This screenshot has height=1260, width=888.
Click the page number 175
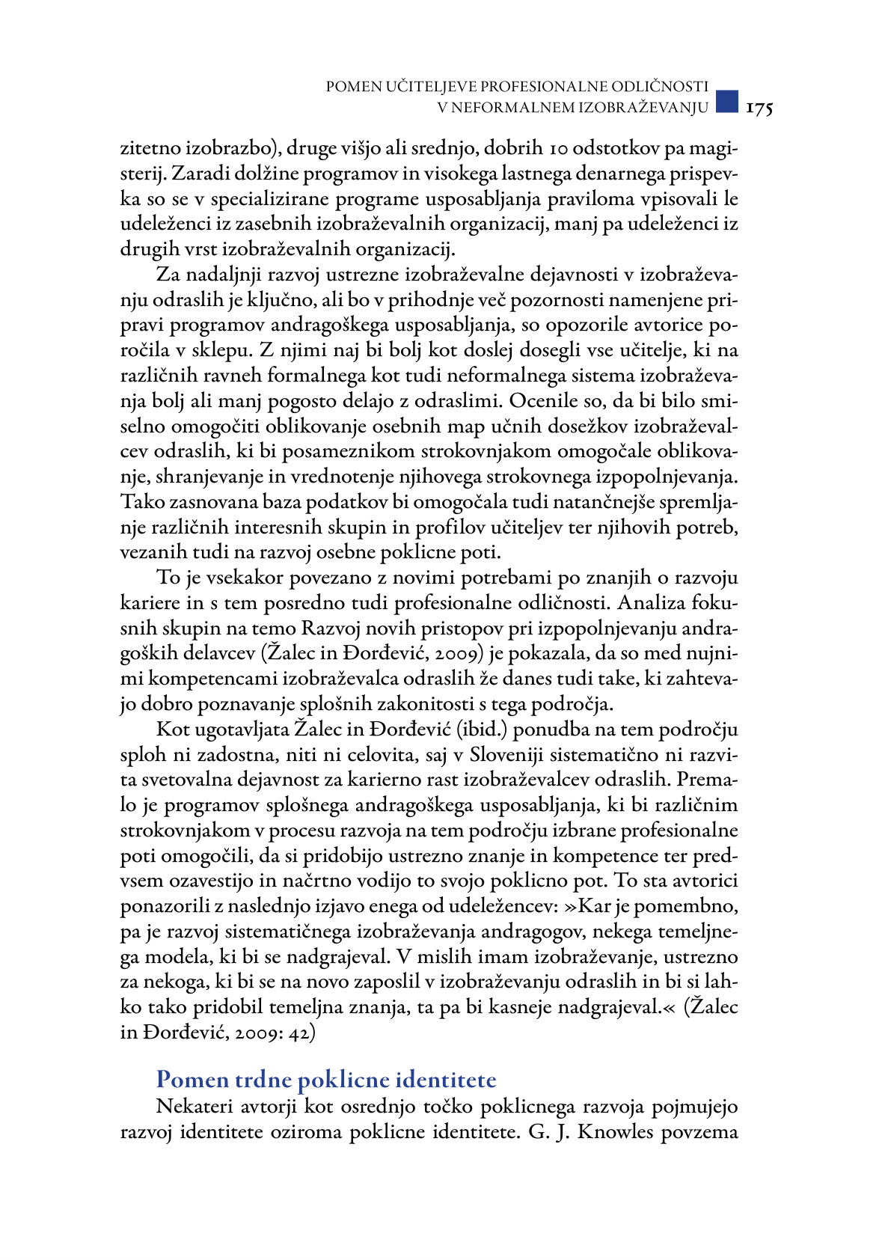pos(759,108)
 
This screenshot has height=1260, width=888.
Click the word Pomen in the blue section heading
pos(192,1080)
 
